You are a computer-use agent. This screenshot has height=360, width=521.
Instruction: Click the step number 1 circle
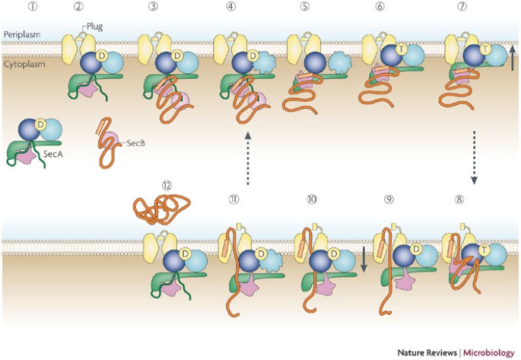(13, 10)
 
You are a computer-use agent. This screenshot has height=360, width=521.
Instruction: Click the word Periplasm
(20, 34)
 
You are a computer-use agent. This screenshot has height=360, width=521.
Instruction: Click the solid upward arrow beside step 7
(513, 59)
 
